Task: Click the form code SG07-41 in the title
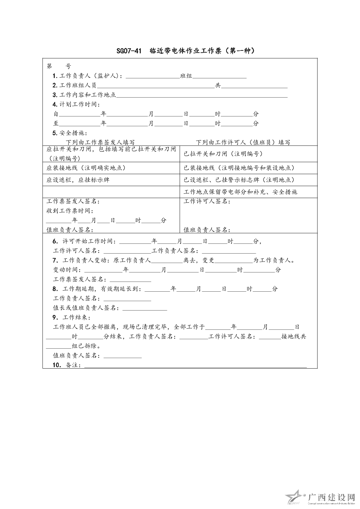129,51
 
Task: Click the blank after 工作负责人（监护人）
152,76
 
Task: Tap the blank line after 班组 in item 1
219,76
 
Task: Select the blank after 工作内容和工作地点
202,95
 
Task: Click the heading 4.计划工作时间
76,104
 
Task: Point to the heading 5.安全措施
70,133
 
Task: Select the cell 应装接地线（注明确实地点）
86,168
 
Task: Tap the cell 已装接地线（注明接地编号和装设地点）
239,168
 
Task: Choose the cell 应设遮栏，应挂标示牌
78,180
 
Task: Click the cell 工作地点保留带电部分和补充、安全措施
241,192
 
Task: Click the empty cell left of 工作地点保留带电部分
111,192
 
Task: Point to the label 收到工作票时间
70,211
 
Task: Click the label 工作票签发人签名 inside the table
73,201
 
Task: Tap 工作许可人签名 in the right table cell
207,201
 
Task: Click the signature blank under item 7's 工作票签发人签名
130,280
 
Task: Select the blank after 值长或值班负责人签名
145,308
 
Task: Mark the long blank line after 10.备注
195,366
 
